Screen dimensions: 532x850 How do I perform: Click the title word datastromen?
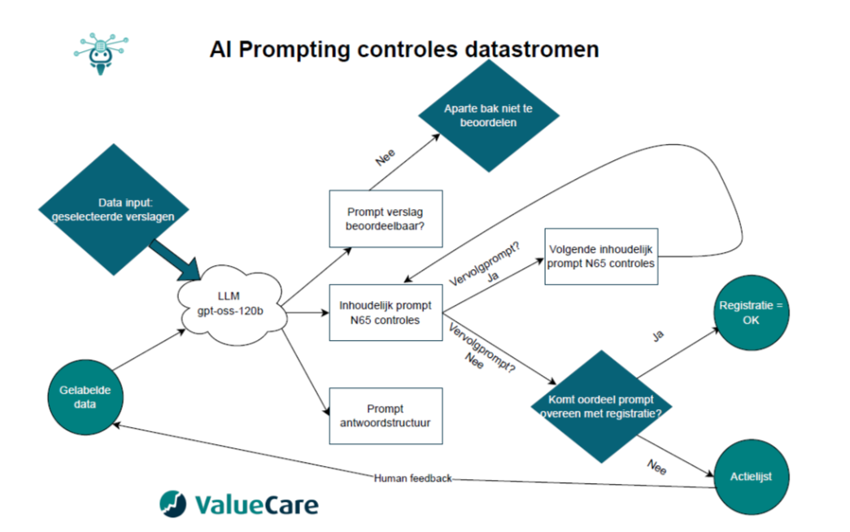click(531, 50)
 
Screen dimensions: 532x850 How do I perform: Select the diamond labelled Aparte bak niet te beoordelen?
click(489, 116)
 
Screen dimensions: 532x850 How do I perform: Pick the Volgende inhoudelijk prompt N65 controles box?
click(600, 256)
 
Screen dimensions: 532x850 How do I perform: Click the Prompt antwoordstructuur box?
click(385, 416)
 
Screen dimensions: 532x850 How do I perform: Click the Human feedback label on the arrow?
click(412, 478)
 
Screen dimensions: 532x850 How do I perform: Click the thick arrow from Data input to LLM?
click(172, 259)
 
